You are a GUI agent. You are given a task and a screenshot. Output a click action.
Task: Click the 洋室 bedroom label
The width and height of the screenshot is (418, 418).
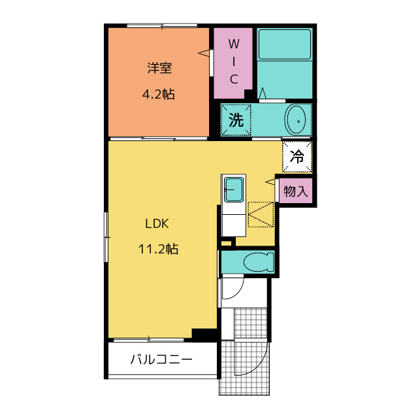[x=159, y=68]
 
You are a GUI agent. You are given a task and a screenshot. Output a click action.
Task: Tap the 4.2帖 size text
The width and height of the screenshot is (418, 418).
[x=159, y=94]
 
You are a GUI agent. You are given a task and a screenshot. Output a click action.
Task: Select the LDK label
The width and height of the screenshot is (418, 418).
[x=157, y=223]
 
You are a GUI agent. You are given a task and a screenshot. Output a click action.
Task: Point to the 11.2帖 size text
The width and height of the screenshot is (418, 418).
[x=158, y=249]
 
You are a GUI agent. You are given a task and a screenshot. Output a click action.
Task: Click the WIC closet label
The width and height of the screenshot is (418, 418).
[x=234, y=61]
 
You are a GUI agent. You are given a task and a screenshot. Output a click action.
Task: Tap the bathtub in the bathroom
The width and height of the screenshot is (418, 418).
[x=285, y=44]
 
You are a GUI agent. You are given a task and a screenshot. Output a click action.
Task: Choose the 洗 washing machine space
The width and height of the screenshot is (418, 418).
[x=236, y=120]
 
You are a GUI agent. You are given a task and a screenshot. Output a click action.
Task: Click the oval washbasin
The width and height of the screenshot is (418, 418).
[x=295, y=121]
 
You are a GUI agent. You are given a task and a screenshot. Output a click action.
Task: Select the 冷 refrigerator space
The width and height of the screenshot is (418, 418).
[x=297, y=157]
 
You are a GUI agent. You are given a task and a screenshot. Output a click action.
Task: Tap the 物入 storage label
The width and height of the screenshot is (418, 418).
[x=296, y=191]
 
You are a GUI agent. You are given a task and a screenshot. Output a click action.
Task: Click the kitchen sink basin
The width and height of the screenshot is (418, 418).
[x=234, y=190]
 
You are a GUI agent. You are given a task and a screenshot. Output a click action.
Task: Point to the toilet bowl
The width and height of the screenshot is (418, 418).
[x=259, y=262]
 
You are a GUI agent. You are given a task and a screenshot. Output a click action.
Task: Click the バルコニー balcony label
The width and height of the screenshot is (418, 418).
[x=161, y=360]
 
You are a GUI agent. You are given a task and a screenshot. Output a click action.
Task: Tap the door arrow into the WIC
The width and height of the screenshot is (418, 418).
[x=203, y=53]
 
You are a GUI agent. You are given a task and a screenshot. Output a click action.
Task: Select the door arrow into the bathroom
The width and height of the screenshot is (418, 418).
[x=263, y=93]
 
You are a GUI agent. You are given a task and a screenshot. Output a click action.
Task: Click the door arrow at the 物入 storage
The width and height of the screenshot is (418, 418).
[x=270, y=182]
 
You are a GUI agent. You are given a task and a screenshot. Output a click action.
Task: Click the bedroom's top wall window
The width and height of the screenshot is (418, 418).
[x=162, y=25]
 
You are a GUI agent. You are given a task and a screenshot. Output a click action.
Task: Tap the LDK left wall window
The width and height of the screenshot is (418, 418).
[x=106, y=237]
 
